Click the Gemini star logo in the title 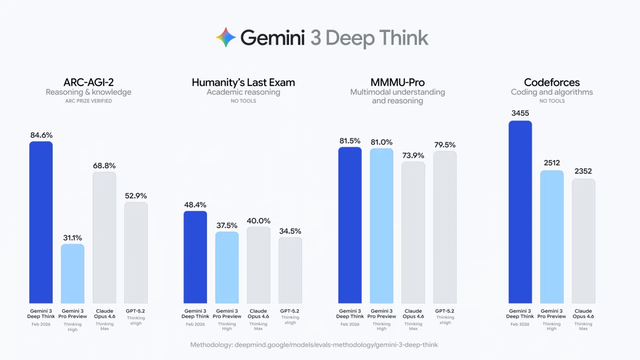226,38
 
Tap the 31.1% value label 72,238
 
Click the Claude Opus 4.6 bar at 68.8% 104,237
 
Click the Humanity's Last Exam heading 243,82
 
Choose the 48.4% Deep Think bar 195,257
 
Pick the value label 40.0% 258,221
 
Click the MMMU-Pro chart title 397,82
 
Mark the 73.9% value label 413,155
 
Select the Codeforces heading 551,82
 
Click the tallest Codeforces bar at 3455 520,212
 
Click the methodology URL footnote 314,345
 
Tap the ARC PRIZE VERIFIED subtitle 88,101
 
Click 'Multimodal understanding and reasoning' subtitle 397,97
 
